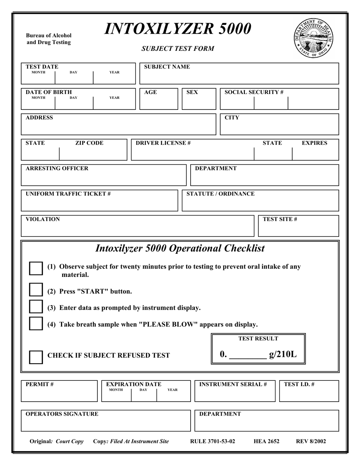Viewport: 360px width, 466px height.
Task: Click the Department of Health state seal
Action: (x=313, y=38)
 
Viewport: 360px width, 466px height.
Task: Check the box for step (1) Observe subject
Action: (x=36, y=268)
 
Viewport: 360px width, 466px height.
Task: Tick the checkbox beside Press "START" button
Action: (x=36, y=290)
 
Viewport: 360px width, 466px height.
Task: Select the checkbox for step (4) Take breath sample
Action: (x=36, y=323)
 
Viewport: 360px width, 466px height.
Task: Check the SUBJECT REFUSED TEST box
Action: (x=36, y=357)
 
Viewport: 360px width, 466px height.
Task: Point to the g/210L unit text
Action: (x=283, y=355)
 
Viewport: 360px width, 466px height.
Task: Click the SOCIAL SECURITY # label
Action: (x=254, y=92)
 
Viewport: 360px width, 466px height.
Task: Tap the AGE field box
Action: (x=159, y=99)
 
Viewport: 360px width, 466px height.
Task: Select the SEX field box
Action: (x=199, y=99)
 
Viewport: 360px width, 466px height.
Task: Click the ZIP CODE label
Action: (x=89, y=143)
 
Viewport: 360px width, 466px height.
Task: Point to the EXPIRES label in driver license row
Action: (x=314, y=143)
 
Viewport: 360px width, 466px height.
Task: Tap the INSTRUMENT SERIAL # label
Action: (x=233, y=385)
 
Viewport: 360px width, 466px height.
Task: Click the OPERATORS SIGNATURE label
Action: (x=62, y=414)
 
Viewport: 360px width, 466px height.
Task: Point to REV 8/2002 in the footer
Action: (x=311, y=441)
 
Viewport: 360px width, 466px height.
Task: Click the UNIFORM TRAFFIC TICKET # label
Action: (x=68, y=194)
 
